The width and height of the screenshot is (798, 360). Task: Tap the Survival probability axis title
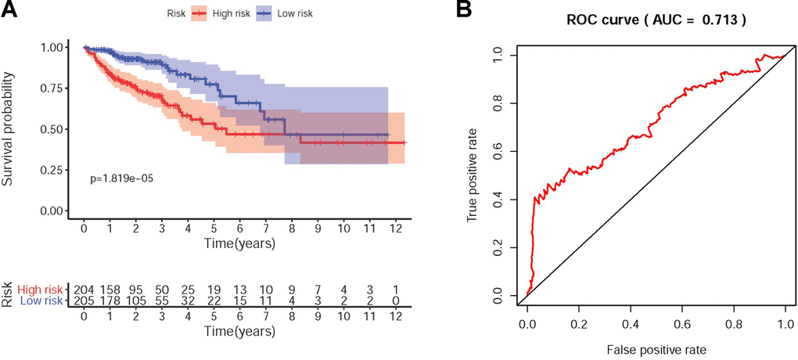[9, 129]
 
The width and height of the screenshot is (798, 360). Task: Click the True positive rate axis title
[473, 175]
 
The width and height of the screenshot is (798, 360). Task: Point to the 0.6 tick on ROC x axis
[682, 322]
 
